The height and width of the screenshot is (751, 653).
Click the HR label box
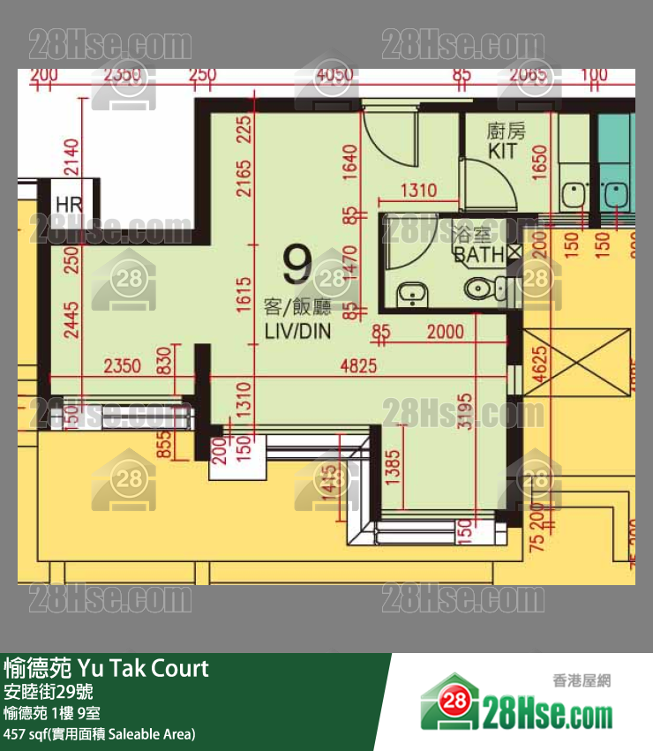(68, 204)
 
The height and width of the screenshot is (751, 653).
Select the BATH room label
(478, 256)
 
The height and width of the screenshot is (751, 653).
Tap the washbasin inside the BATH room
(409, 294)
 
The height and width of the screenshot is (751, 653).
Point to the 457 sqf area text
(99, 733)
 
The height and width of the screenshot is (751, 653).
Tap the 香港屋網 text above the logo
(582, 681)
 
